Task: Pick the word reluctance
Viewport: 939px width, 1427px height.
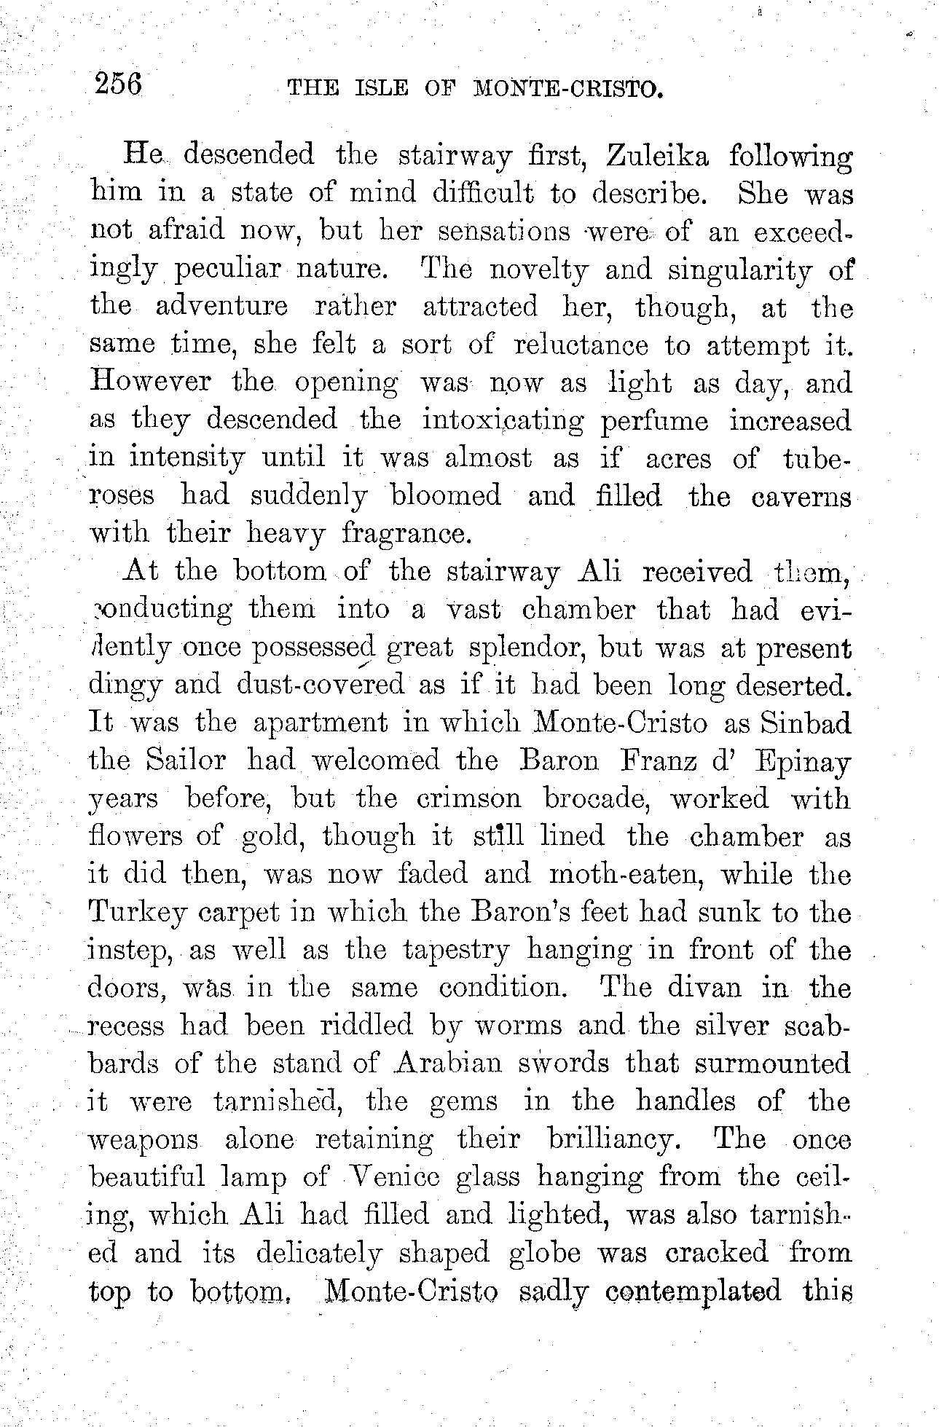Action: [581, 345]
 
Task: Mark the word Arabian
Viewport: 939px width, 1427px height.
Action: [447, 1064]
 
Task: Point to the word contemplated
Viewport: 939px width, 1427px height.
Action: [693, 1292]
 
